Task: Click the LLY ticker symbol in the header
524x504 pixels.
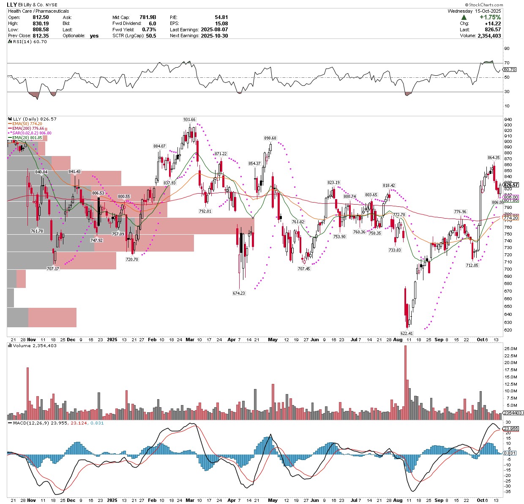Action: click(12, 5)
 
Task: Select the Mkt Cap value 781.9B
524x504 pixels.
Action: click(148, 17)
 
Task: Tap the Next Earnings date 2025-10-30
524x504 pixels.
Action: click(214, 36)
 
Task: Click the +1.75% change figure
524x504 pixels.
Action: click(490, 17)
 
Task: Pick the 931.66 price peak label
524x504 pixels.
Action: click(189, 120)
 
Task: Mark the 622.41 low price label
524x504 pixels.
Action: click(407, 333)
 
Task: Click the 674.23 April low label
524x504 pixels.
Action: click(239, 293)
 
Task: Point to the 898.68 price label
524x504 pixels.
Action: click(270, 138)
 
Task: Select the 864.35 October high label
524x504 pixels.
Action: click(494, 158)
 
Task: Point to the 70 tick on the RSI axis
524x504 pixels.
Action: click(507, 63)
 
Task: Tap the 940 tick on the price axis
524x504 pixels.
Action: click(508, 119)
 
